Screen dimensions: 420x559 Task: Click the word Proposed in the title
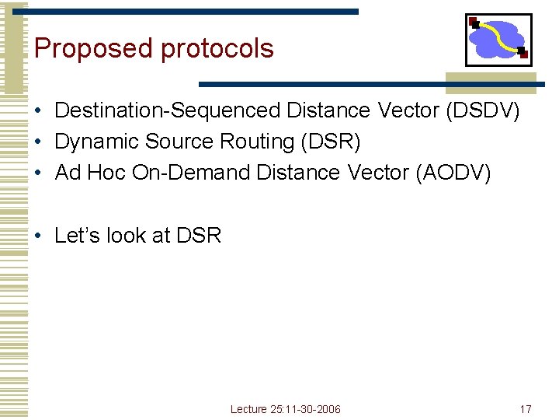[93, 48]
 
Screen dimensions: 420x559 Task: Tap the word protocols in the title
[217, 49]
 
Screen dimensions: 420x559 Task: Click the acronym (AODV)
[454, 173]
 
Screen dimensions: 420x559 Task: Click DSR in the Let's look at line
[199, 235]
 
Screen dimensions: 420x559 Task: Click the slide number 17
[526, 409]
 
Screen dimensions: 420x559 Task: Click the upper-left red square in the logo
[473, 21]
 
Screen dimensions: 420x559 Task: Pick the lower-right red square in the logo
[523, 53]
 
